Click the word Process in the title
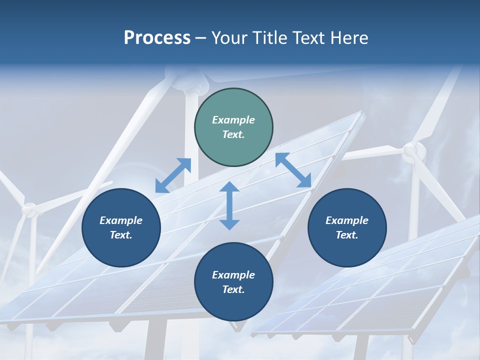(157, 38)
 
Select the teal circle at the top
(233, 127)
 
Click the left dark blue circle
(121, 227)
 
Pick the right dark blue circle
(347, 227)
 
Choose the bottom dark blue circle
(233, 282)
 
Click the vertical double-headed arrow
(229, 205)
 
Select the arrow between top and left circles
(173, 175)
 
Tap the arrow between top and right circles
(293, 170)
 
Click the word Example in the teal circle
(233, 120)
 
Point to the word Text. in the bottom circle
(233, 289)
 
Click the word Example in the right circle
(347, 220)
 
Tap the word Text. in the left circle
(121, 235)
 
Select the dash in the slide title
(201, 38)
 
